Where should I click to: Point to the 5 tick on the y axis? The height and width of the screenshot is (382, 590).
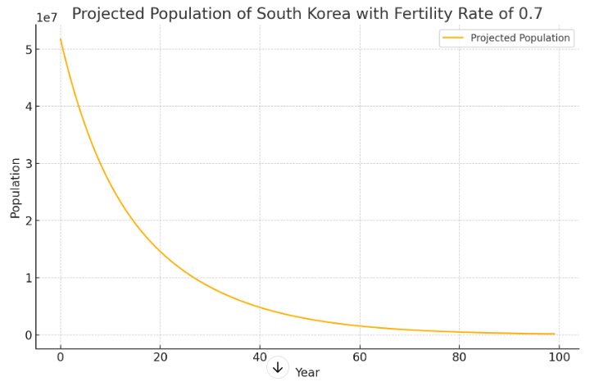[x=28, y=49]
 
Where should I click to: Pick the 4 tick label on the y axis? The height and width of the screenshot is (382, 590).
[x=28, y=107]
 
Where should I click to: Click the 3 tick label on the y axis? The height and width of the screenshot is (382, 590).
[x=28, y=164]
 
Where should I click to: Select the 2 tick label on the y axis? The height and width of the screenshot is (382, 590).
[x=28, y=221]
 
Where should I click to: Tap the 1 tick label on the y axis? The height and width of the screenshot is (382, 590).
[x=28, y=278]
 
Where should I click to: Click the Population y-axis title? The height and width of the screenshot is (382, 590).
[x=16, y=188]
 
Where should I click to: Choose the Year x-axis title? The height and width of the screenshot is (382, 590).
[x=307, y=373]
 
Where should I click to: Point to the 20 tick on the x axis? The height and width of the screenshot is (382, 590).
[x=160, y=357]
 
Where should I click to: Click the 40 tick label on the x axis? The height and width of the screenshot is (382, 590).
[x=260, y=357]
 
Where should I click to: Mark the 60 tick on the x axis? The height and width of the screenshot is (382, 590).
[x=359, y=357]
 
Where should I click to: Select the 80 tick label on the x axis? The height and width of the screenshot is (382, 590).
[x=459, y=357]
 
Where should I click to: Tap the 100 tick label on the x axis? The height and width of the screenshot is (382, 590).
[x=559, y=357]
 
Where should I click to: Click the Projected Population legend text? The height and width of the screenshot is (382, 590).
[x=520, y=38]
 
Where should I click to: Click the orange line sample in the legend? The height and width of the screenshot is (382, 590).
[x=452, y=38]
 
